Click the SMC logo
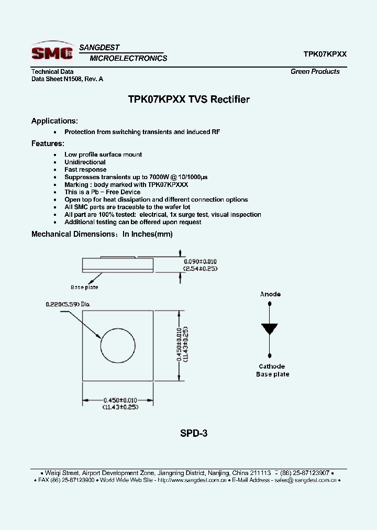pyautogui.click(x=52, y=52)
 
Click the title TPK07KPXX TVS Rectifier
pyautogui.click(x=188, y=100)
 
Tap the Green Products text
pyautogui.click(x=315, y=72)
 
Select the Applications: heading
pyautogui.click(x=54, y=121)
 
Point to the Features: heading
pyautogui.click(x=48, y=143)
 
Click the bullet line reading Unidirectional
pyautogui.click(x=85, y=162)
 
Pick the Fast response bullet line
pyautogui.click(x=85, y=170)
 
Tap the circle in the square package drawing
pyautogui.click(x=118, y=346)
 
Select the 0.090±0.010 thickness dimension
pyautogui.click(x=200, y=261)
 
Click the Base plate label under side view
pyautogui.click(x=84, y=287)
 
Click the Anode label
pyautogui.click(x=270, y=294)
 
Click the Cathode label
pyautogui.click(x=272, y=367)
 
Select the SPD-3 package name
pyautogui.click(x=194, y=434)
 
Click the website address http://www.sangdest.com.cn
pyautogui.click(x=192, y=480)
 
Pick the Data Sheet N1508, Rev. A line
pyautogui.click(x=67, y=79)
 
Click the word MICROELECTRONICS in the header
pyautogui.click(x=128, y=59)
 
